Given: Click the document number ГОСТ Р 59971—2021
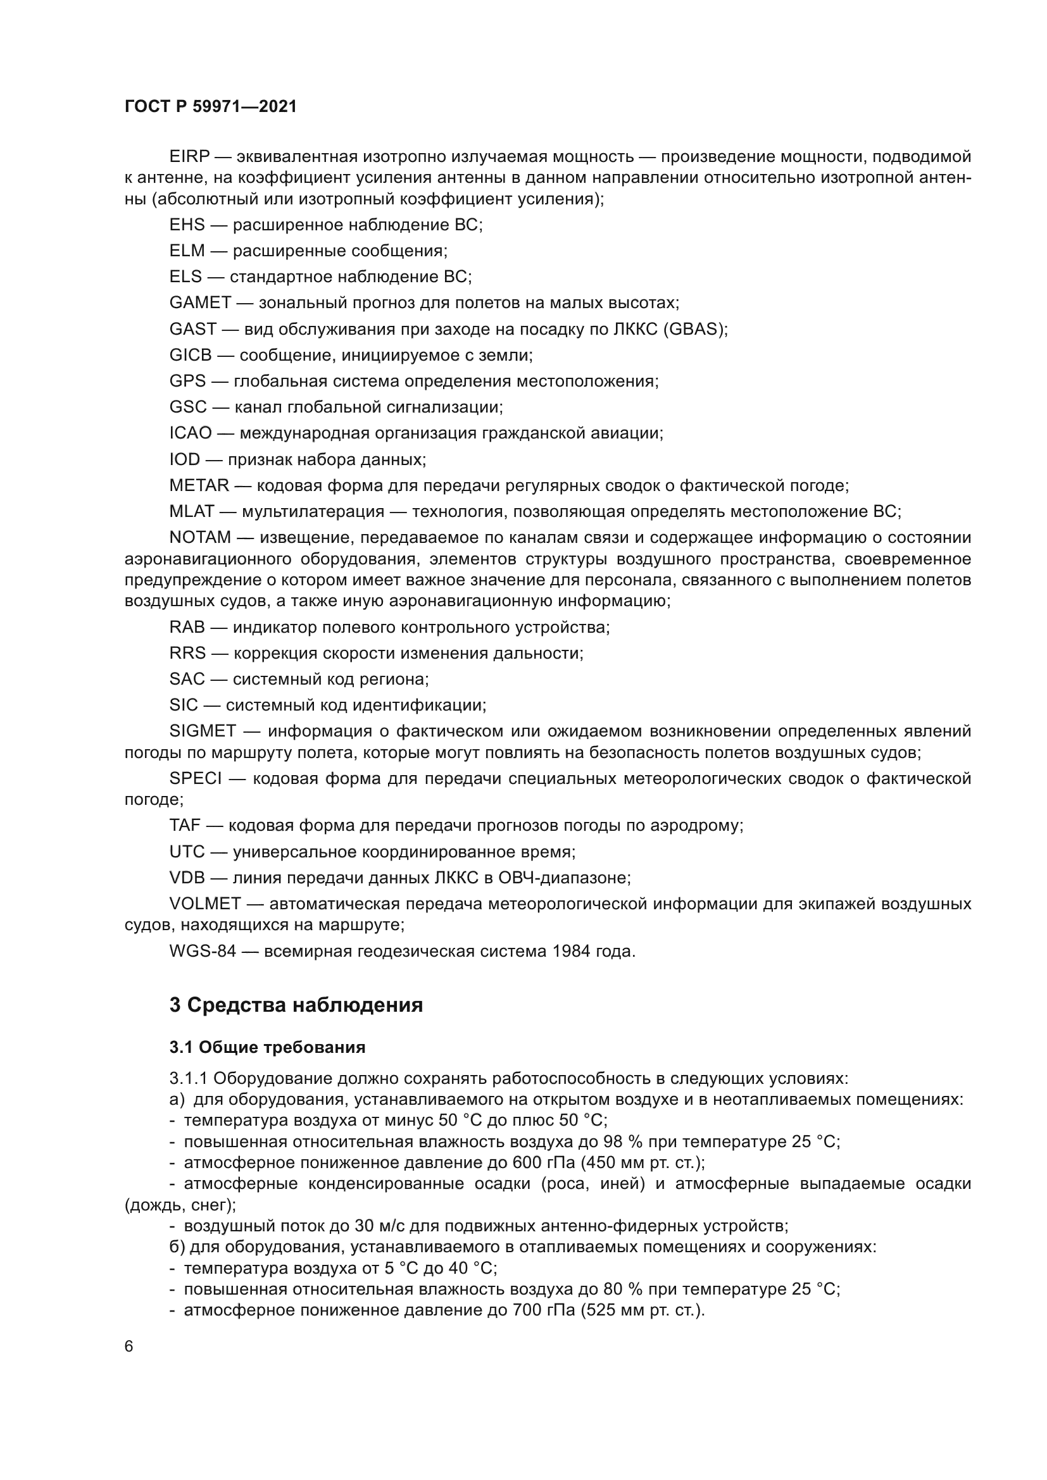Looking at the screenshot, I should [210, 107].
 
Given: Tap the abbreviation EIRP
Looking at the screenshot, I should [189, 157].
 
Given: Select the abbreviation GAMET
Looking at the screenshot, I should [200, 302].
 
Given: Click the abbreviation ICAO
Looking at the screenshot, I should [190, 433].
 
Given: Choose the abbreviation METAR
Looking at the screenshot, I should [199, 485].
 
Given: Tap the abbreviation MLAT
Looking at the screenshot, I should [191, 511].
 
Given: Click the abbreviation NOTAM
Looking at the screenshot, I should [200, 538].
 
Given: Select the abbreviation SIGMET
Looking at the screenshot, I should [203, 731].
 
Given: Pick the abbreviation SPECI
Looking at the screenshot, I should [196, 779].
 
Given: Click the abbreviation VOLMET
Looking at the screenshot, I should [205, 904].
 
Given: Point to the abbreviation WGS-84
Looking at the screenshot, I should [203, 952].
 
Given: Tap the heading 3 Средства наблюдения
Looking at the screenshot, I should [296, 1005].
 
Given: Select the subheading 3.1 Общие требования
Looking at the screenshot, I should [267, 1047].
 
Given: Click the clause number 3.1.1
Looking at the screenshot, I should [187, 1078].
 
